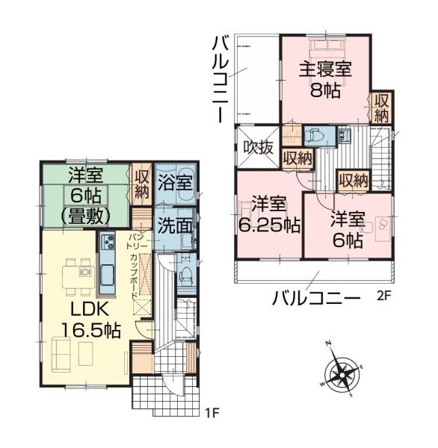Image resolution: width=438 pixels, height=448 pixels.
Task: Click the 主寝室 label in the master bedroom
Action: click(325, 69)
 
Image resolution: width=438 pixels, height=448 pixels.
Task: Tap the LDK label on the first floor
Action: click(90, 309)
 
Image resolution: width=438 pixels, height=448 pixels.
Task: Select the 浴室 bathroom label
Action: click(175, 183)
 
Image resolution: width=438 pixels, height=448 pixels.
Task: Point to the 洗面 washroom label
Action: click(175, 225)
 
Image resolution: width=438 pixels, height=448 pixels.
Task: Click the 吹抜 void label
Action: click(258, 148)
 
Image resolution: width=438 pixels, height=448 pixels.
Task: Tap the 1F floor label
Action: click(212, 413)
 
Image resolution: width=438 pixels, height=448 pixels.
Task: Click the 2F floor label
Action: click(383, 296)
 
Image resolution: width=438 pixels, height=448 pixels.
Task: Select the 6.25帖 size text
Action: click(269, 225)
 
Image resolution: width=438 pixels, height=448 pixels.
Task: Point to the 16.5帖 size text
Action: click(91, 331)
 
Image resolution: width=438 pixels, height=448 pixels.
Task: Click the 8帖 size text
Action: click(325, 90)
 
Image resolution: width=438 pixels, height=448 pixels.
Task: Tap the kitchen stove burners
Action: click(108, 242)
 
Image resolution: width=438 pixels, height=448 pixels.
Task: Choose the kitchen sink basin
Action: click(108, 275)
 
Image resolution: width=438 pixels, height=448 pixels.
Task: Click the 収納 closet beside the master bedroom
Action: click(382, 108)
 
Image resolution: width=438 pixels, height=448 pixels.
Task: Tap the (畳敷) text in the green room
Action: click(86, 217)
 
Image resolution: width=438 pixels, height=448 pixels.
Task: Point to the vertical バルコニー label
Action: click(220, 81)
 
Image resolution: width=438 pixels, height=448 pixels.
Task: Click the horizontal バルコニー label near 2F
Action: click(315, 299)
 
